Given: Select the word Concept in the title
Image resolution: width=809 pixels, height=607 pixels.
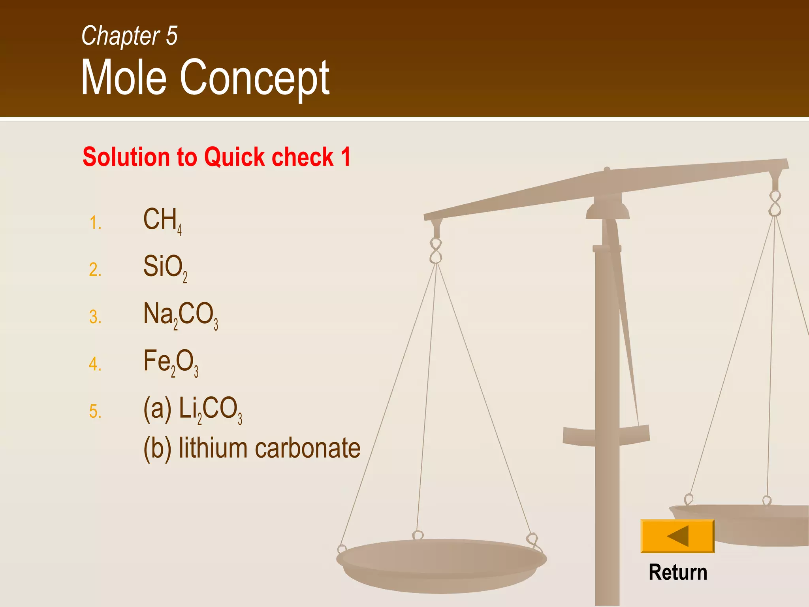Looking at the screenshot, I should pyautogui.click(x=254, y=78).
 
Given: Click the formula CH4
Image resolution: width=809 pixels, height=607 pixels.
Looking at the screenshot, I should pyautogui.click(x=162, y=221).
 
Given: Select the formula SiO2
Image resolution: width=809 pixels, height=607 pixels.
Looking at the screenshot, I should pyautogui.click(x=165, y=268).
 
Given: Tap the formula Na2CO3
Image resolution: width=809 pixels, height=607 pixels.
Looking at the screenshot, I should pyautogui.click(x=180, y=315).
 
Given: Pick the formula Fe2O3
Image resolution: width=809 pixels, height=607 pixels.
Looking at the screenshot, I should pyautogui.click(x=170, y=362).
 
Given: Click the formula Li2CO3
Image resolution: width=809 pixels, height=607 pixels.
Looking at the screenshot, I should pyautogui.click(x=210, y=409).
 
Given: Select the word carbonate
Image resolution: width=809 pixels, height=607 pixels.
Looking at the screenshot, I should pyautogui.click(x=308, y=449).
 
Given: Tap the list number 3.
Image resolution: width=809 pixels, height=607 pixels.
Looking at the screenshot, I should pyautogui.click(x=95, y=317).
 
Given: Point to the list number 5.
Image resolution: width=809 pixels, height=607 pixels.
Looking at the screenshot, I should pyautogui.click(x=95, y=411).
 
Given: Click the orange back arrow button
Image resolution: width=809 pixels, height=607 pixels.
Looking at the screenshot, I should pyautogui.click(x=677, y=536).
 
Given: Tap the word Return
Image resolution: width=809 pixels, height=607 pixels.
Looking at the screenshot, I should pyautogui.click(x=678, y=573).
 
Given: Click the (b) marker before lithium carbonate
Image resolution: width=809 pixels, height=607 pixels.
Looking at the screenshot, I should pyautogui.click(x=157, y=449).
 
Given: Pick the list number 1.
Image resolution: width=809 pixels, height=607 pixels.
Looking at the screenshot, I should pyautogui.click(x=95, y=223).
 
